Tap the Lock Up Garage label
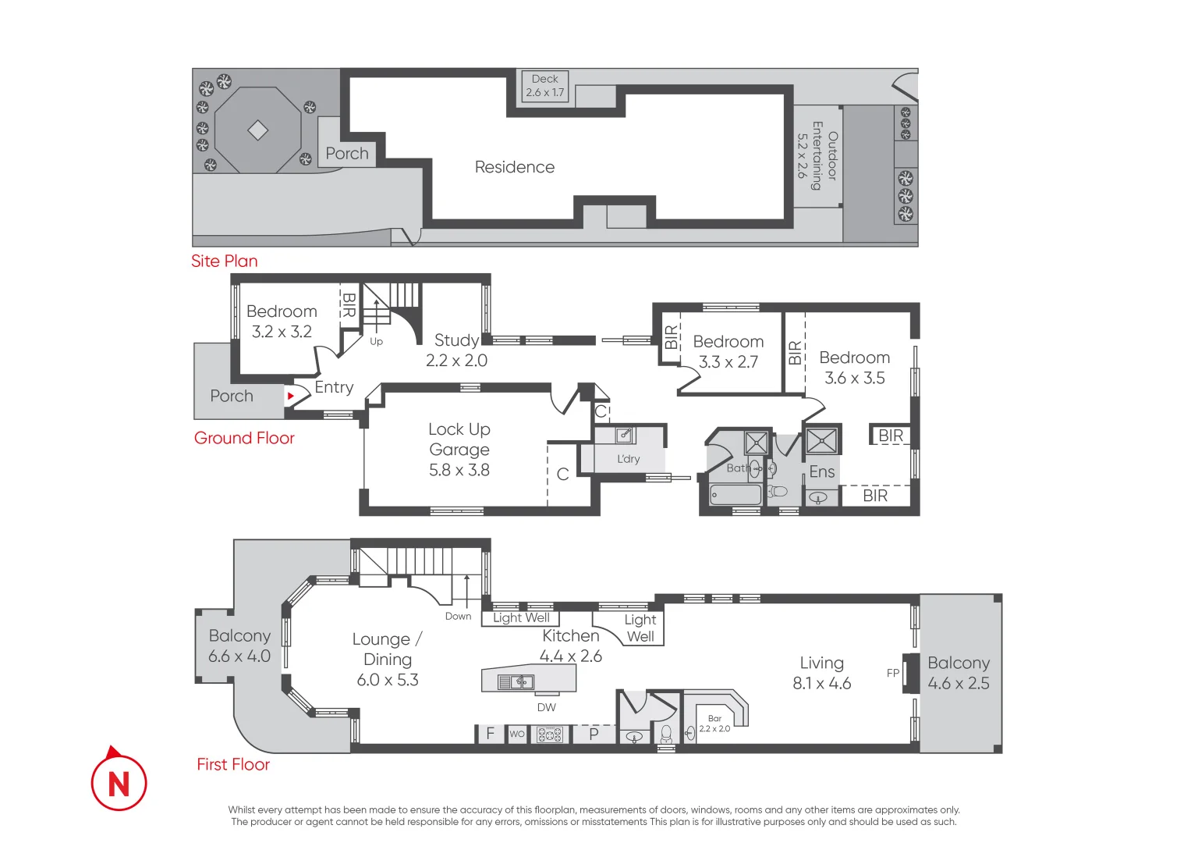click(x=459, y=449)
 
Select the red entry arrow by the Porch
click(x=290, y=396)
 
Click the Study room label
click(x=457, y=350)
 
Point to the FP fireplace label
click(x=893, y=673)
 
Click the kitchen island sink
click(x=516, y=681)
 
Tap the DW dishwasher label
click(x=547, y=707)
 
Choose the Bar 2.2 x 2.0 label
click(x=714, y=724)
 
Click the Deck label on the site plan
click(x=545, y=86)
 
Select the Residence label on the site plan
click(x=515, y=167)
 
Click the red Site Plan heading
click(x=225, y=261)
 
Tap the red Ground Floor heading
click(x=244, y=438)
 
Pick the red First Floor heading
click(x=233, y=764)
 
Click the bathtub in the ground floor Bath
click(x=736, y=494)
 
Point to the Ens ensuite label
click(x=821, y=471)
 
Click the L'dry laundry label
click(x=628, y=459)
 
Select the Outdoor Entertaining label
click(x=817, y=155)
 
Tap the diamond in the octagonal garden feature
click(x=258, y=130)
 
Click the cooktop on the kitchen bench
click(x=549, y=735)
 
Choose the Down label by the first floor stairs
click(x=459, y=617)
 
